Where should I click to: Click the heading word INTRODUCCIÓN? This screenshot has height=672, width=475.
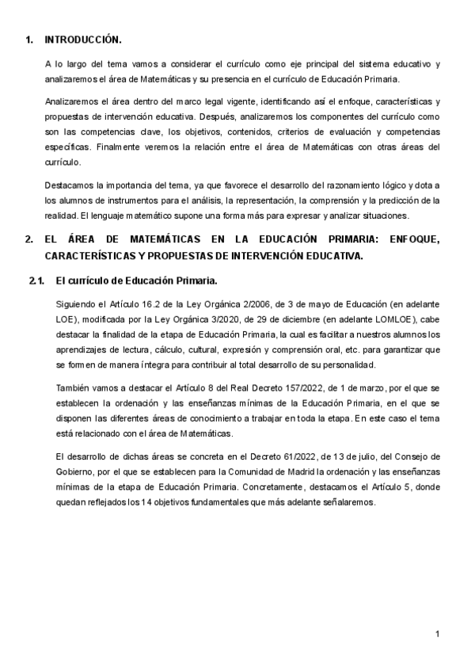tap(83, 40)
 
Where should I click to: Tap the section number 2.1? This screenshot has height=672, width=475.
tap(37, 281)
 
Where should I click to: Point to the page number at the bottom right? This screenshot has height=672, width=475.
tap(437, 635)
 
